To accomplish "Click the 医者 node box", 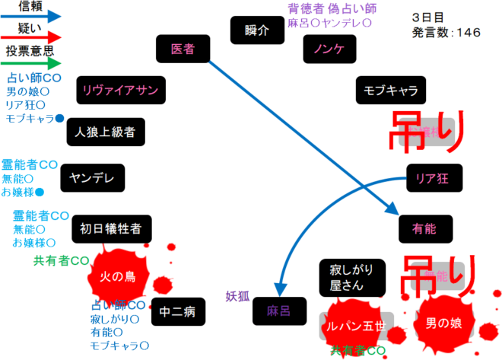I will tap(182, 49).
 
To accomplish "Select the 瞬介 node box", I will tap(257, 31).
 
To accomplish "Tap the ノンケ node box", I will tap(325, 49).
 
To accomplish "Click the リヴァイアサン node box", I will tap(120, 91).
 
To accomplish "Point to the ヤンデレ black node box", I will tap(91, 178).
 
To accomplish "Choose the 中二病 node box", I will tap(179, 311).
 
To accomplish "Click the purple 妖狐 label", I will tap(237, 296).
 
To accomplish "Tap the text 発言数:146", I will tap(446, 33).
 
